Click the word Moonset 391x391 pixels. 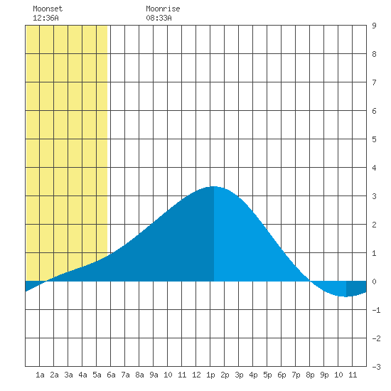48,9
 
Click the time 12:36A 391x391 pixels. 45,18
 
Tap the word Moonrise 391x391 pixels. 163,9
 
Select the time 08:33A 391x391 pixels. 159,18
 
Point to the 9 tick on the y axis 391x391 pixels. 374,26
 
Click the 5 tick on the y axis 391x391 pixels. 374,139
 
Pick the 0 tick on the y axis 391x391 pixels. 374,282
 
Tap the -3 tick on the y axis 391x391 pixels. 376,367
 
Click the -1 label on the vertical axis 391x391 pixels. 376,310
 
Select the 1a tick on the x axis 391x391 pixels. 40,375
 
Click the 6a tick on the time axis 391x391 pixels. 111,375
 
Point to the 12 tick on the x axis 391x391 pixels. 196,375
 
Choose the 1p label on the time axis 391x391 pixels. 210,375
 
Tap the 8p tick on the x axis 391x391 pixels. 310,375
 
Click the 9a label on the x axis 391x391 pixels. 154,375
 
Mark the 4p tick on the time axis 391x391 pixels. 253,375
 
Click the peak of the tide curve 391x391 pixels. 214,186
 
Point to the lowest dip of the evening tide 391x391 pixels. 346,296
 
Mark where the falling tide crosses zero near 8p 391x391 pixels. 310,282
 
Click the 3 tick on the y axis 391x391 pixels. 374,196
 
